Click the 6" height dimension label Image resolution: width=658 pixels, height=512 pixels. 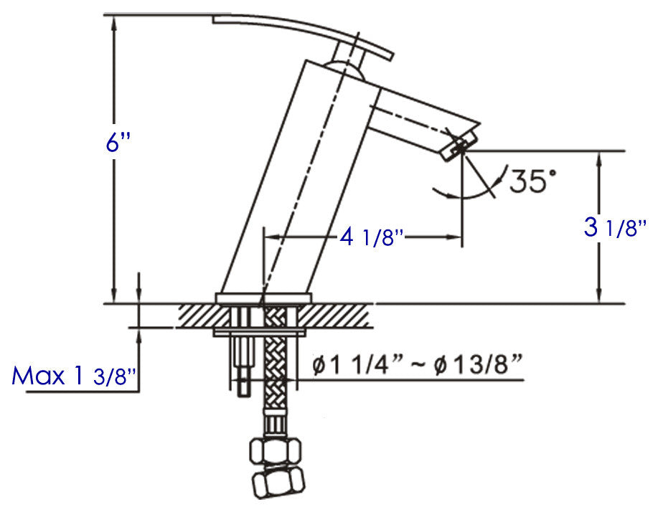(x=117, y=143)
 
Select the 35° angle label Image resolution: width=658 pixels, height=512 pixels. (x=532, y=181)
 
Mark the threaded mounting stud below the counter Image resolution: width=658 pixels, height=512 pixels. (x=243, y=366)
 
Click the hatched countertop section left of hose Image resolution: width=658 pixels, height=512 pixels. (x=205, y=315)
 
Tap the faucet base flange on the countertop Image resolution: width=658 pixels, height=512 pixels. (x=264, y=298)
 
